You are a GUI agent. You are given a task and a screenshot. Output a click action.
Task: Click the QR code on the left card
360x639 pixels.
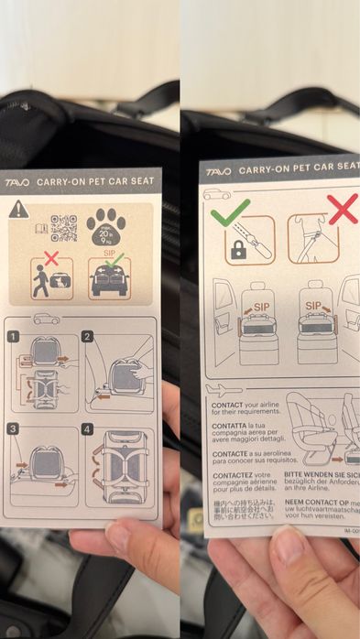(63, 227)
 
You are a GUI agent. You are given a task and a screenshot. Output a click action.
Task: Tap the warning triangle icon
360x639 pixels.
(18, 210)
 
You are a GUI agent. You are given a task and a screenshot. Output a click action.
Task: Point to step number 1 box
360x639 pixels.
(14, 337)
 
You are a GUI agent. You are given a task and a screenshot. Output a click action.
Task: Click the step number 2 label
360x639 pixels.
(88, 337)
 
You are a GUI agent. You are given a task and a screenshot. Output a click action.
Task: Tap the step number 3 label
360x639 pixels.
(14, 428)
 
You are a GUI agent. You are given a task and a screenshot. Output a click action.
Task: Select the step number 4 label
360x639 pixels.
(88, 428)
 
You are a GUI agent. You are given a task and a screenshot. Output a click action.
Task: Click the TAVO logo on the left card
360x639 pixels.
(17, 182)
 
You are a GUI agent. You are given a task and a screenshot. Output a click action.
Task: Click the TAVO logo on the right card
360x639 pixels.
(218, 171)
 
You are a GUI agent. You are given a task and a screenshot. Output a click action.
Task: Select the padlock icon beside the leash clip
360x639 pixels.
(238, 250)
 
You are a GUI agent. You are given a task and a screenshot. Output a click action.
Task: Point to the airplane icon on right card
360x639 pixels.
(227, 389)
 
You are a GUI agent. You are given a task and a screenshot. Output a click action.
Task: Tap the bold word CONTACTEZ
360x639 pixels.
(235, 476)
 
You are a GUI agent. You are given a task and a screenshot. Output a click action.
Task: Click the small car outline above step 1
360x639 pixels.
(46, 319)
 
